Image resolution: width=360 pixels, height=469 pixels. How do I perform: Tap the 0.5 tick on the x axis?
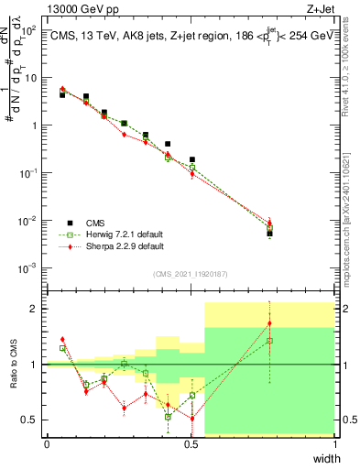tap(191, 444)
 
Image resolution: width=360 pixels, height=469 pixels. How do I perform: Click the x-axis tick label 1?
tap(336, 444)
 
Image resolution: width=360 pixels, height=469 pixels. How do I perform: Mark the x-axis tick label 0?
tap(46, 444)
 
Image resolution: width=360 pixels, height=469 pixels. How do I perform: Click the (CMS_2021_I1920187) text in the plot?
tap(191, 274)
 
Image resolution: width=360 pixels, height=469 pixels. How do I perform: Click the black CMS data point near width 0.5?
tap(191, 159)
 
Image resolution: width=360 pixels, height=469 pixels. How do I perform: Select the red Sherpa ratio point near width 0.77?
tap(269, 323)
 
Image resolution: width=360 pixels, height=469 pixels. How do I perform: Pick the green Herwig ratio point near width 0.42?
tap(168, 417)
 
